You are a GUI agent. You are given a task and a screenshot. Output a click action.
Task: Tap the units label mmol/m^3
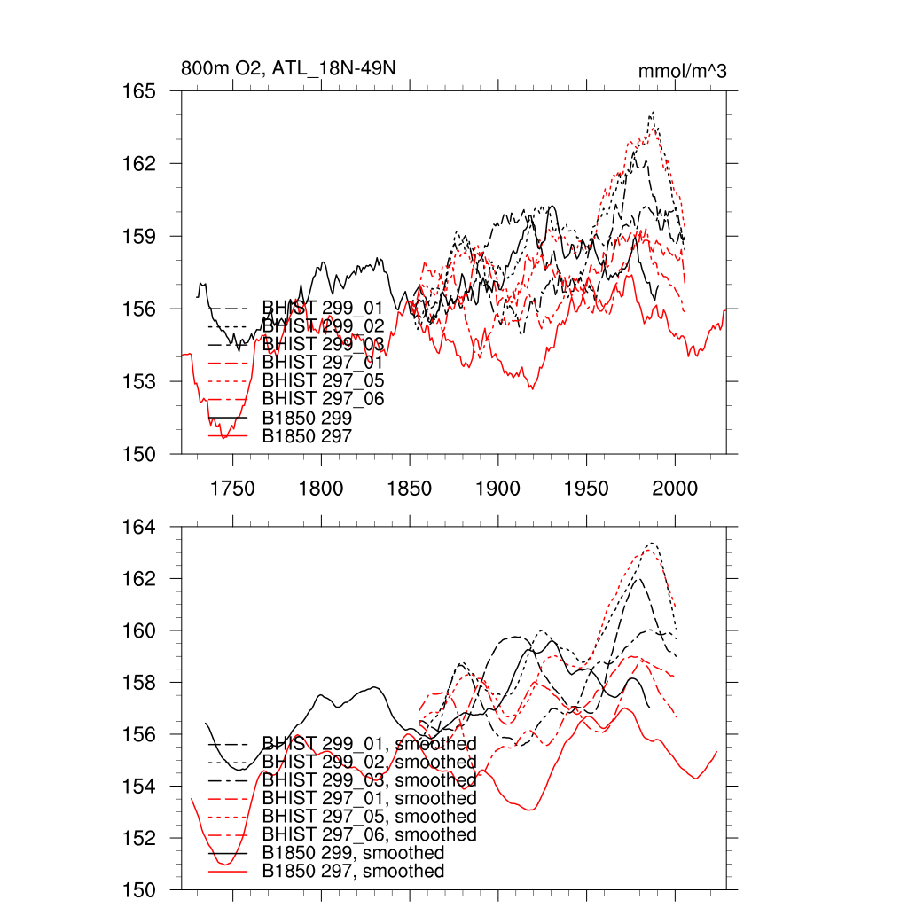click(x=683, y=71)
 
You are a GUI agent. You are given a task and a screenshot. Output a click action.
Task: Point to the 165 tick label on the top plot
click(x=138, y=91)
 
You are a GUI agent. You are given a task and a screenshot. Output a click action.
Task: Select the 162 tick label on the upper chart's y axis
click(x=138, y=164)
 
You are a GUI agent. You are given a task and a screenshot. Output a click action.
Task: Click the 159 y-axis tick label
click(x=138, y=237)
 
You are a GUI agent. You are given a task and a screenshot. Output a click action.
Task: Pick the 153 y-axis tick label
click(x=138, y=381)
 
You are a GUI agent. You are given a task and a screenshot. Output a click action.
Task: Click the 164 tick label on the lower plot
click(x=138, y=528)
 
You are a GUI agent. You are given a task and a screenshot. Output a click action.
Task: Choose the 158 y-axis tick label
click(x=138, y=683)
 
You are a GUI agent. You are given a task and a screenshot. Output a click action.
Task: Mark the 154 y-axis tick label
click(x=138, y=787)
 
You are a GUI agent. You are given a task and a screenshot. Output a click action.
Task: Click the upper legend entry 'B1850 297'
click(x=307, y=436)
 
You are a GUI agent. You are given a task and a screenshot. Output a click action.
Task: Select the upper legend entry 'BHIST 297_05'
click(x=323, y=380)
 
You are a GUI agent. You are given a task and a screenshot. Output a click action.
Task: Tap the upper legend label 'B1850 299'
click(x=307, y=418)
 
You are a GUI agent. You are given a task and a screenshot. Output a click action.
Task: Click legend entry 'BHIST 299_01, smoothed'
click(x=369, y=743)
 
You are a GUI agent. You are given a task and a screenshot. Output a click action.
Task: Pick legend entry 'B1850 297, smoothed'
click(x=353, y=872)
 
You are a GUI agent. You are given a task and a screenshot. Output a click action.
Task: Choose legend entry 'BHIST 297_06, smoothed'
click(x=369, y=834)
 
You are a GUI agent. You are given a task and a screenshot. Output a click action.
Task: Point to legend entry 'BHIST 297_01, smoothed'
click(x=369, y=798)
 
